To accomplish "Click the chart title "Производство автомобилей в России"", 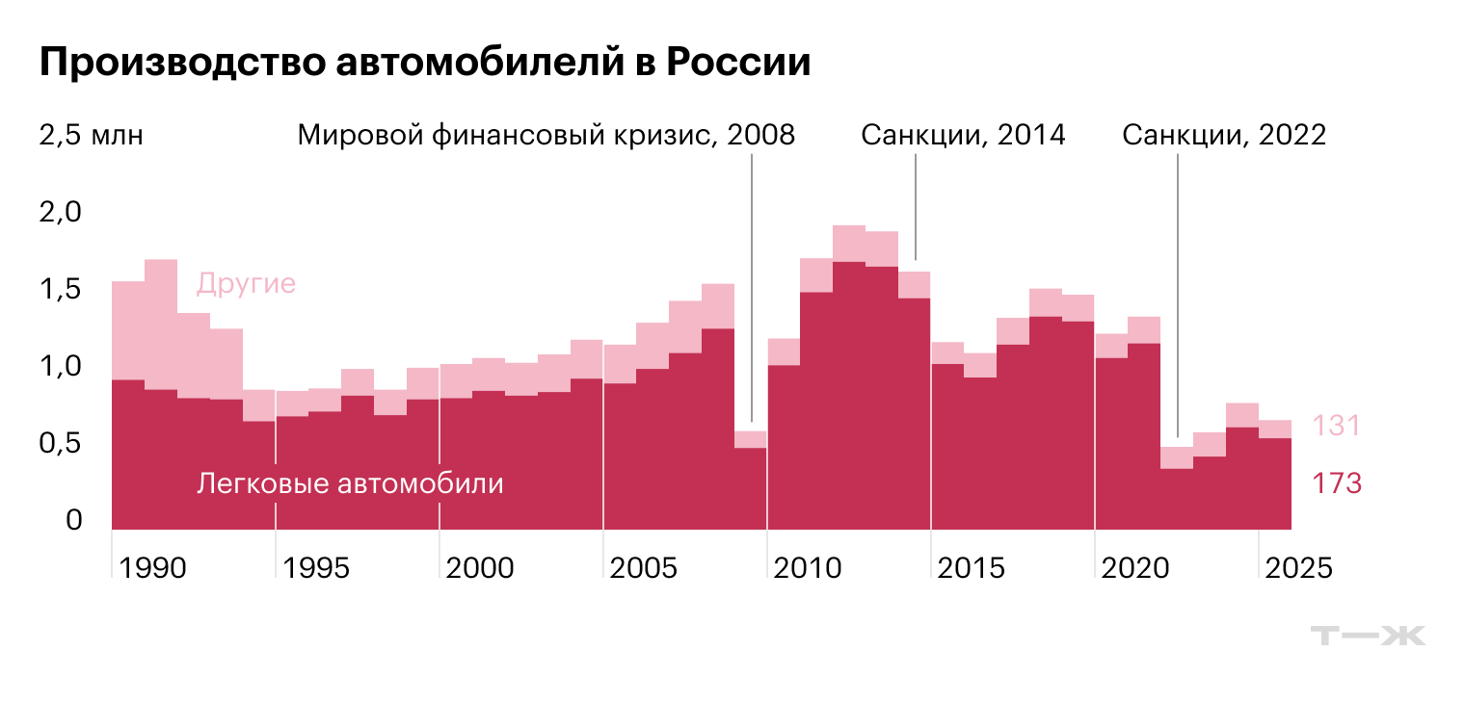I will coord(424,64).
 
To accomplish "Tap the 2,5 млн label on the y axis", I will coord(91,135).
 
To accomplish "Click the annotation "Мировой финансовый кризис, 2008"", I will coord(546,135).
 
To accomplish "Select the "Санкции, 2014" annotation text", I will coord(963,135).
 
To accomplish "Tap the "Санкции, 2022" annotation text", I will coord(1224,135).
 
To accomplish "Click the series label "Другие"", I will coord(246,285).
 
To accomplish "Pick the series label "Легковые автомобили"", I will coord(350,483).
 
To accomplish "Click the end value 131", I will coord(1336,426).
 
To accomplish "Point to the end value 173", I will coord(1336,483).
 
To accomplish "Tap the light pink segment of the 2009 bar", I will coord(750,439).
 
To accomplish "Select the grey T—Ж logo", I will coord(1368,636).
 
